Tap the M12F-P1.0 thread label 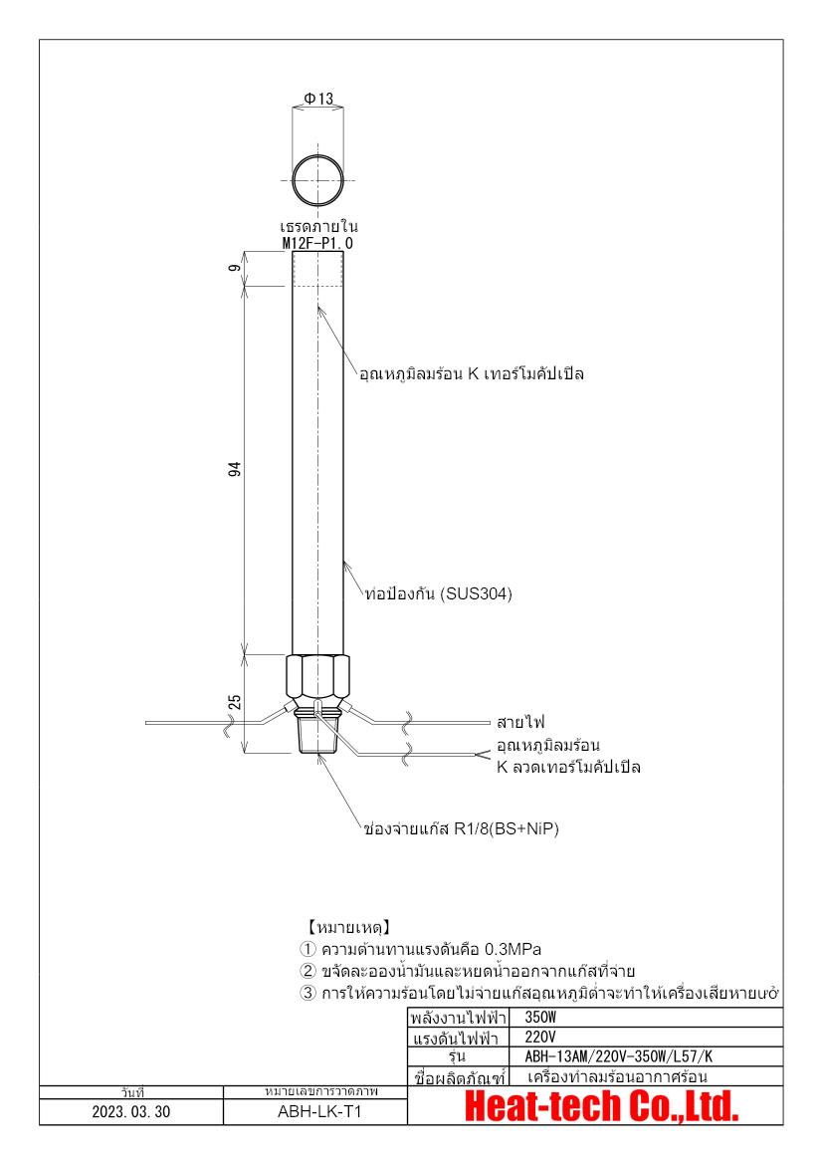(x=317, y=243)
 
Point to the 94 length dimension (x=235, y=469)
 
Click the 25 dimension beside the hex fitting (x=235, y=702)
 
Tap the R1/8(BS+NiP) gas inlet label (x=461, y=828)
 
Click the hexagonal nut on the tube (x=318, y=677)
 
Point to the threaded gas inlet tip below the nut (x=318, y=737)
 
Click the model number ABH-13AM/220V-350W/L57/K (x=618, y=1056)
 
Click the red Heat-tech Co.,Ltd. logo (x=602, y=1105)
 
